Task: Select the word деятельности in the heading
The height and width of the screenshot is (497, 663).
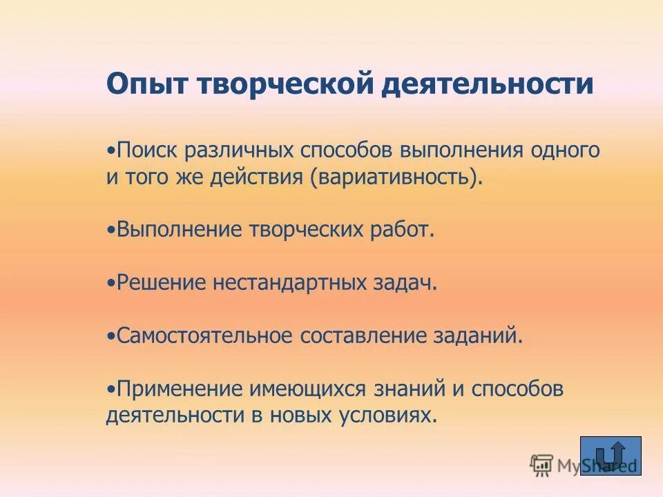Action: [x=488, y=85]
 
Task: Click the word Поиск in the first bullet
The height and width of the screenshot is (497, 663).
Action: [x=147, y=150]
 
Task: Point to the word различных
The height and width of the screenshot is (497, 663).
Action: [x=240, y=150]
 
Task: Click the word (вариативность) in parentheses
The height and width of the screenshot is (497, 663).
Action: [x=397, y=177]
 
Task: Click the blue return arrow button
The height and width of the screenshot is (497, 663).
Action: [x=611, y=456]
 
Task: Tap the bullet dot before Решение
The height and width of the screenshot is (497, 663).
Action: [x=110, y=284]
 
